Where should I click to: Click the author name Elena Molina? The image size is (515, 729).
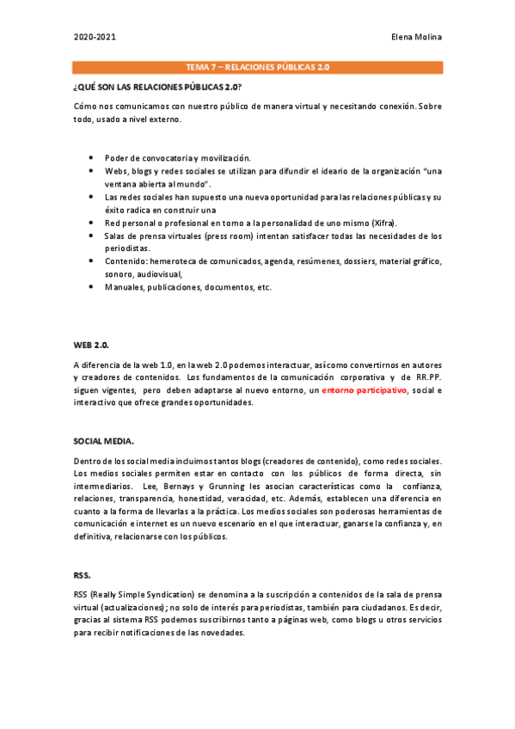click(416, 37)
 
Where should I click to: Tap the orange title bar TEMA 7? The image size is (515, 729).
click(257, 66)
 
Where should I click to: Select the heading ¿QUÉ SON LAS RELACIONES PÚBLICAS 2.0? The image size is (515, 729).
click(156, 88)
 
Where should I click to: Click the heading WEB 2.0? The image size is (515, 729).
click(91, 344)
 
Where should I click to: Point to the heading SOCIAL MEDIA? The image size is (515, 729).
click(103, 440)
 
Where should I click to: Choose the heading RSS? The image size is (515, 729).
click(81, 573)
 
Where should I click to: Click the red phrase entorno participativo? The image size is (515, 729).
click(364, 390)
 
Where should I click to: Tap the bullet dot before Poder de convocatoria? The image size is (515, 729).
click(91, 159)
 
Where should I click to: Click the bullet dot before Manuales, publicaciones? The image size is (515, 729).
click(91, 287)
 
